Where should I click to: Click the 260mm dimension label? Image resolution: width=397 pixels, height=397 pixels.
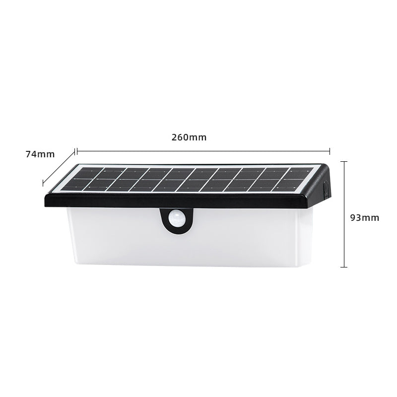(x=189, y=137)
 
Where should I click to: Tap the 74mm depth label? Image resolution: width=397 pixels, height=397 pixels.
(x=40, y=154)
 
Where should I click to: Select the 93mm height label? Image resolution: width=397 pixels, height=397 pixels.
(x=364, y=217)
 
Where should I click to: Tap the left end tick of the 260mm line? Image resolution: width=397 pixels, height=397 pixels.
(x=76, y=151)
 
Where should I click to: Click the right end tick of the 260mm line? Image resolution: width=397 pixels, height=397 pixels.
(x=330, y=151)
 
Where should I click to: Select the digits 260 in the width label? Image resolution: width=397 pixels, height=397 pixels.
(x=181, y=137)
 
